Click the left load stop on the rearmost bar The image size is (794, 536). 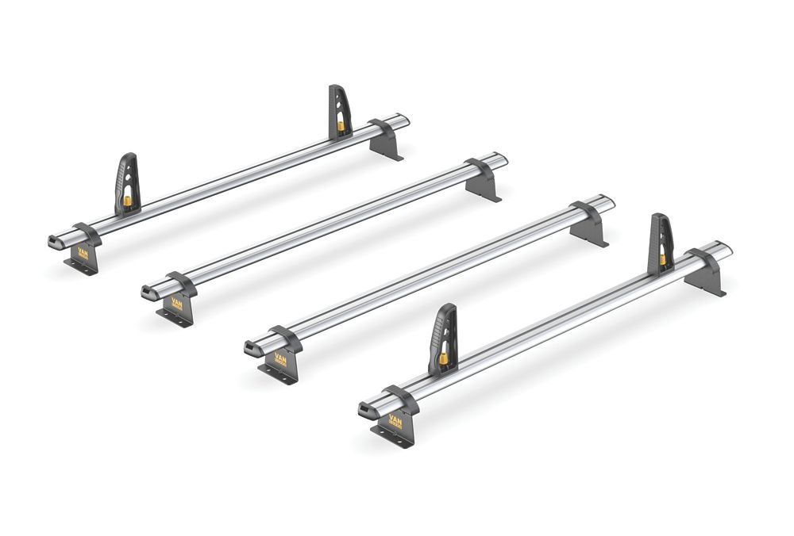(x=127, y=183)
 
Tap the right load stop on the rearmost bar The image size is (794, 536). (x=340, y=112)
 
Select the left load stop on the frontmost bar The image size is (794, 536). (x=443, y=339)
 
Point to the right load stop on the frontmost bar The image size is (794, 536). (x=661, y=244)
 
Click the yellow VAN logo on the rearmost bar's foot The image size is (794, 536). (x=83, y=254)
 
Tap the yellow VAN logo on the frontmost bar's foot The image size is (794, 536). (x=395, y=421)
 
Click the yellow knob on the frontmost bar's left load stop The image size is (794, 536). (x=443, y=358)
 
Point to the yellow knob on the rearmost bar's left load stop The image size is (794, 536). (x=127, y=201)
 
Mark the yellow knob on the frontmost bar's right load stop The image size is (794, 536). (x=662, y=259)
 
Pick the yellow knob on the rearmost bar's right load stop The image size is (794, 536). (x=341, y=125)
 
